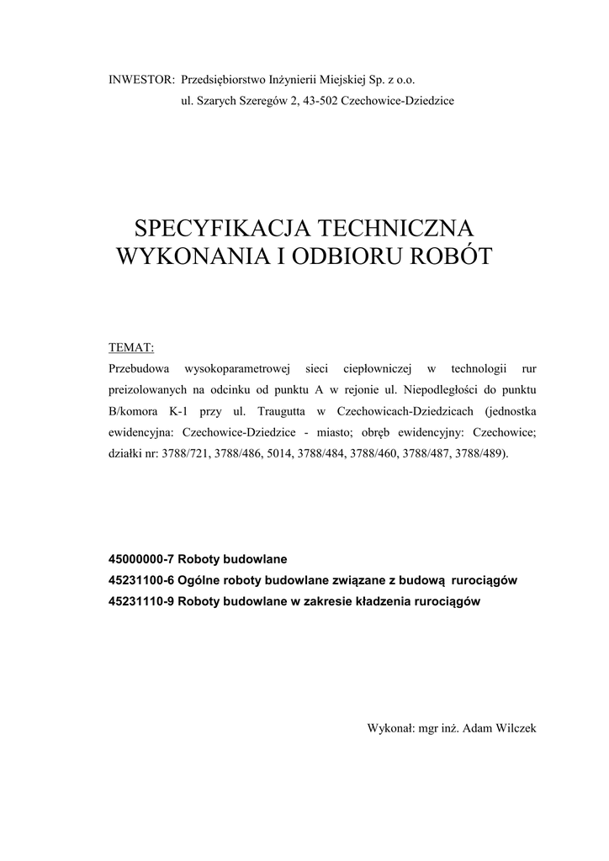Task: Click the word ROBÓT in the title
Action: click(x=448, y=256)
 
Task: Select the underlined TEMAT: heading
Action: click(x=131, y=347)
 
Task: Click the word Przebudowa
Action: click(x=140, y=369)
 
